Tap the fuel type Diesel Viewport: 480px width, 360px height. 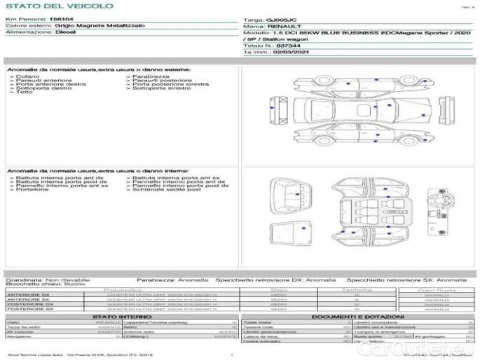coord(65,32)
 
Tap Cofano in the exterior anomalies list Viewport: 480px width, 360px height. coord(25,76)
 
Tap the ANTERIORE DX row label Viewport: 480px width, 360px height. coord(29,295)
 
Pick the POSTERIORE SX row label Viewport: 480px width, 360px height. coord(29,309)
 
